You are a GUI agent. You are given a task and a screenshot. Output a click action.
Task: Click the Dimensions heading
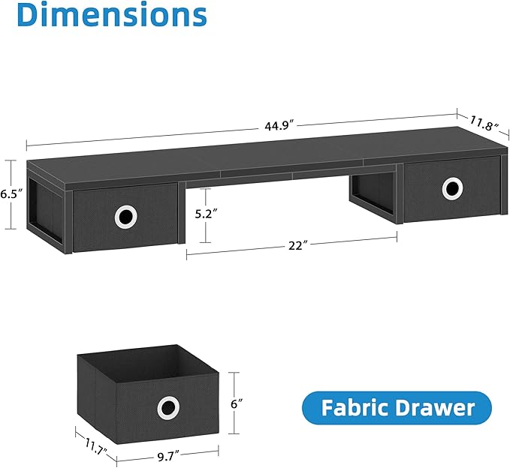point(104,14)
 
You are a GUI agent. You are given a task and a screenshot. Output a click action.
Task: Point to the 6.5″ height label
point(9,193)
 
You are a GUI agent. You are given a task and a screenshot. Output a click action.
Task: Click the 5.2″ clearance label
point(206,214)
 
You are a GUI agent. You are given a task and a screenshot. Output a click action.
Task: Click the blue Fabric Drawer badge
point(397,408)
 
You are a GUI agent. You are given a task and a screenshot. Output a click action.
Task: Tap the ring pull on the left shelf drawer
point(125,217)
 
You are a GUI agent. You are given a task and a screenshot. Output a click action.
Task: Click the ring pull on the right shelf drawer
point(452,187)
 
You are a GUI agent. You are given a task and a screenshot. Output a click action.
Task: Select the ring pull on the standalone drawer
point(167,409)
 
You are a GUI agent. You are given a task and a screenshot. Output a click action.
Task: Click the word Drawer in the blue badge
point(439,408)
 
